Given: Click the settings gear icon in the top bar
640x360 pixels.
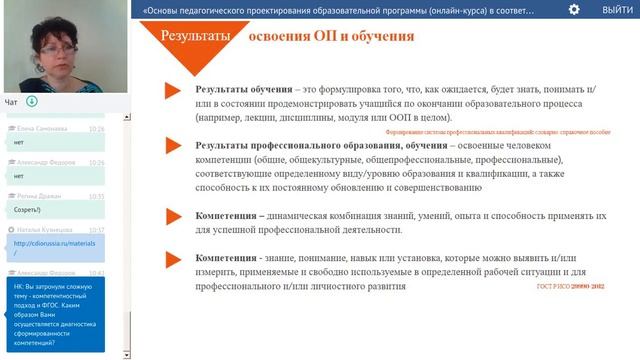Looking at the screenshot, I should tap(574, 9).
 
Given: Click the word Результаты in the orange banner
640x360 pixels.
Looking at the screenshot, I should tap(196, 36).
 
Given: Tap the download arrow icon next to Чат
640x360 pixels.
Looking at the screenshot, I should tap(32, 101).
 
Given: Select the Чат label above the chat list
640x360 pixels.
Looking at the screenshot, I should tap(11, 101).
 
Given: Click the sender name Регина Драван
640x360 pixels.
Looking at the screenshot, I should tap(40, 196).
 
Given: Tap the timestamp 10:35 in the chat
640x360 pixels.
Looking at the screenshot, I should tap(96, 196).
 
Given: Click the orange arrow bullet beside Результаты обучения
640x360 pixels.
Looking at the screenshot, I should tap(172, 92).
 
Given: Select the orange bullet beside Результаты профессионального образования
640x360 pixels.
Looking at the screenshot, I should tap(172, 147).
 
